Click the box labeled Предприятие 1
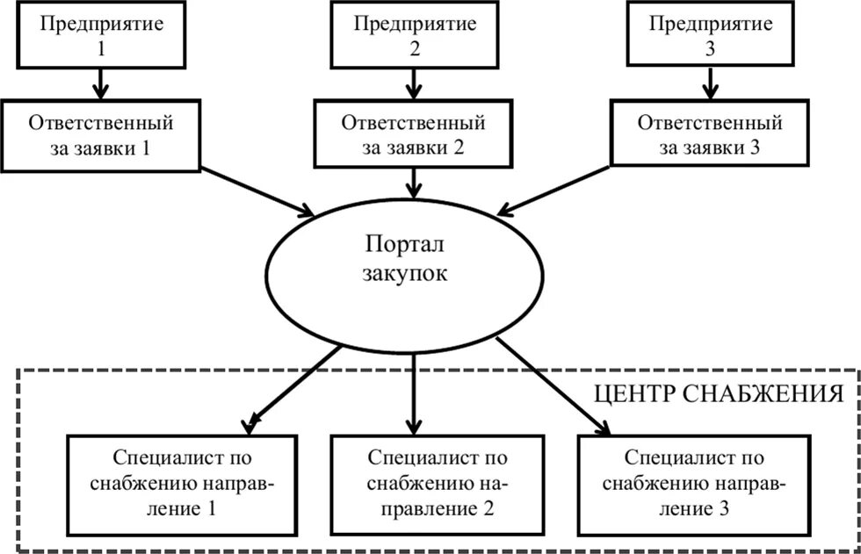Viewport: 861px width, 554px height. click(98, 34)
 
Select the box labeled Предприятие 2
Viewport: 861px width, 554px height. click(415, 34)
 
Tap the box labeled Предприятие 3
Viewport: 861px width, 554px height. click(710, 34)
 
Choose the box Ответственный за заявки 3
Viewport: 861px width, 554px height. click(710, 134)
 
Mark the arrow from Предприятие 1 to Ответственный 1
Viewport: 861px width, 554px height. click(98, 84)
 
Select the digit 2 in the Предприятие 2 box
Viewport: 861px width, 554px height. click(415, 48)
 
